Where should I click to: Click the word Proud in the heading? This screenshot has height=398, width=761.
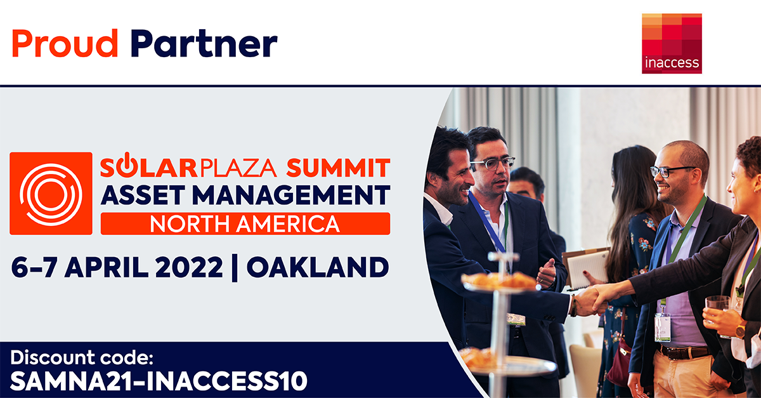tap(65, 44)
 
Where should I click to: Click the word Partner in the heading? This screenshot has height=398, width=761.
tap(204, 44)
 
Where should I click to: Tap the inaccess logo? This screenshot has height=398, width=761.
tap(672, 44)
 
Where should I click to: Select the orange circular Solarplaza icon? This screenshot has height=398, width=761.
tap(51, 194)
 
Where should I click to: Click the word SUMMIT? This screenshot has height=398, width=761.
tap(338, 168)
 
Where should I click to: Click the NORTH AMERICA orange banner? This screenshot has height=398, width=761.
tap(245, 224)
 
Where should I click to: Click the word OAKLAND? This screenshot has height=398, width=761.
tap(318, 267)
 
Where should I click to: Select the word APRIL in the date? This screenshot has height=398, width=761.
tap(107, 267)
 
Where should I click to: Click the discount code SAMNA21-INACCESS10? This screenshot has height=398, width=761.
tap(159, 381)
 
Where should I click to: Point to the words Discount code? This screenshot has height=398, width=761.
tap(82, 357)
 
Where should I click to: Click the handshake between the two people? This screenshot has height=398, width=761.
tap(595, 300)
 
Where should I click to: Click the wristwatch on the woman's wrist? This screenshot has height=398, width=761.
tap(741, 329)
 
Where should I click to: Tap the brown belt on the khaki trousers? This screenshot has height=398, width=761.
tap(684, 352)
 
